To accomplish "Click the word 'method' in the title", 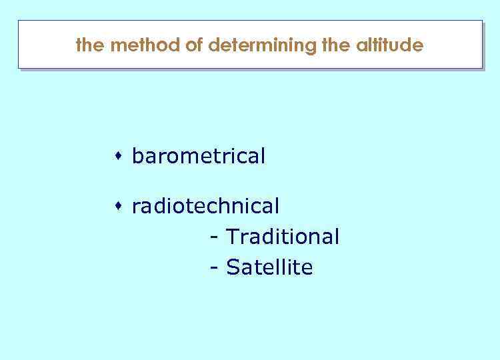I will click(x=138, y=45).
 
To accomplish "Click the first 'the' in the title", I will click(x=89, y=45).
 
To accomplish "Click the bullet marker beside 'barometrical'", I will click(x=117, y=157).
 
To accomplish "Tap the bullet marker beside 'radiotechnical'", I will click(x=117, y=207).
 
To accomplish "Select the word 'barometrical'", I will click(x=199, y=157).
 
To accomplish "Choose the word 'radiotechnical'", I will click(x=205, y=207).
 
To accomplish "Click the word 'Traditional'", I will click(x=283, y=237).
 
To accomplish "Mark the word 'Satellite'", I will click(x=269, y=267).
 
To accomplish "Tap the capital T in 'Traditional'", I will click(x=232, y=237).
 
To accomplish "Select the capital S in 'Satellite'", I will click(x=233, y=267).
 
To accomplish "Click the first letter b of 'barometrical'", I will click(x=137, y=157).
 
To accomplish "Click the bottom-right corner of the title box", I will click(x=481, y=67).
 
